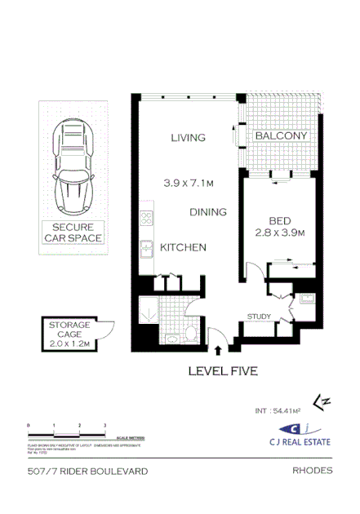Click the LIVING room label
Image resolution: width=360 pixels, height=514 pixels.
pyautogui.click(x=188, y=138)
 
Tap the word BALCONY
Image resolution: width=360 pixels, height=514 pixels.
pyautogui.click(x=281, y=136)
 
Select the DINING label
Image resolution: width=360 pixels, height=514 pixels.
pyautogui.click(x=208, y=212)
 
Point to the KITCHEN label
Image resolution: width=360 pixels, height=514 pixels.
pyautogui.click(x=183, y=247)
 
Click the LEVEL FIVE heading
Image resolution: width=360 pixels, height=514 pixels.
pyautogui.click(x=223, y=371)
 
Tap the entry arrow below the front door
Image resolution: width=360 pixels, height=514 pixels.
pyautogui.click(x=218, y=351)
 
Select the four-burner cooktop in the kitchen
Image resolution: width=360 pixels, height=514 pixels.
pyautogui.click(x=148, y=218)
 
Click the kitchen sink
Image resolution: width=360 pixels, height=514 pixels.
pyautogui.click(x=147, y=248)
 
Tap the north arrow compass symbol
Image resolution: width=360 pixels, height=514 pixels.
pyautogui.click(x=324, y=401)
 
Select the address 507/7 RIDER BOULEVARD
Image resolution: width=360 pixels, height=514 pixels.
pyautogui.click(x=86, y=472)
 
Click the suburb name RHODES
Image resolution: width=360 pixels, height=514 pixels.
pyautogui.click(x=312, y=471)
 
